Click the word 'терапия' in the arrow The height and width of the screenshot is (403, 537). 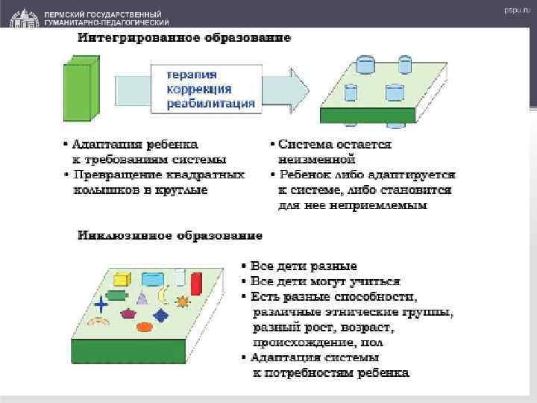(192, 75)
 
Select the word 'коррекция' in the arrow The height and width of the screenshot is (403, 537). (198, 89)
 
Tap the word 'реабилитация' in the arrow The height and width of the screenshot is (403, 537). (210, 103)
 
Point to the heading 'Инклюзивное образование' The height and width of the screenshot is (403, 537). (170, 236)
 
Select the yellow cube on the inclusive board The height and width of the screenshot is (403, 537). (123, 280)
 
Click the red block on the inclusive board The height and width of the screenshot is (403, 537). (196, 284)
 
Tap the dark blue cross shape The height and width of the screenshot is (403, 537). (101, 302)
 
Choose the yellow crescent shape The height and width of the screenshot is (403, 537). (162, 297)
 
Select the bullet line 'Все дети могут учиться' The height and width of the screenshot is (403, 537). (325, 281)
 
